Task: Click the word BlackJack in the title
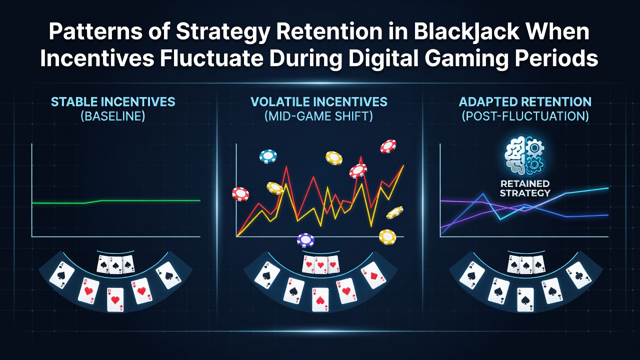pyautogui.click(x=466, y=31)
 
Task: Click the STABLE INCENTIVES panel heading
pyautogui.click(x=113, y=102)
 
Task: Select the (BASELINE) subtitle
pyautogui.click(x=113, y=116)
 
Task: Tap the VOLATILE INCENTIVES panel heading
pyautogui.click(x=319, y=102)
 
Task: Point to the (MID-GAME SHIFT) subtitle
pyautogui.click(x=319, y=116)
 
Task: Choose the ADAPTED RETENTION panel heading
pyautogui.click(x=525, y=102)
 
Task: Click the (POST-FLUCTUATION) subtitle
pyautogui.click(x=525, y=116)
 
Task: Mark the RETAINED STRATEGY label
pyautogui.click(x=525, y=188)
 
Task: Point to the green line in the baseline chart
pyautogui.click(x=116, y=201)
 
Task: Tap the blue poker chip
pyautogui.click(x=268, y=156)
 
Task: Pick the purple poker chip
pyautogui.click(x=305, y=240)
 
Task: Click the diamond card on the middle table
pyautogui.click(x=373, y=275)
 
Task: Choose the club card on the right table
pyautogui.click(x=579, y=275)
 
